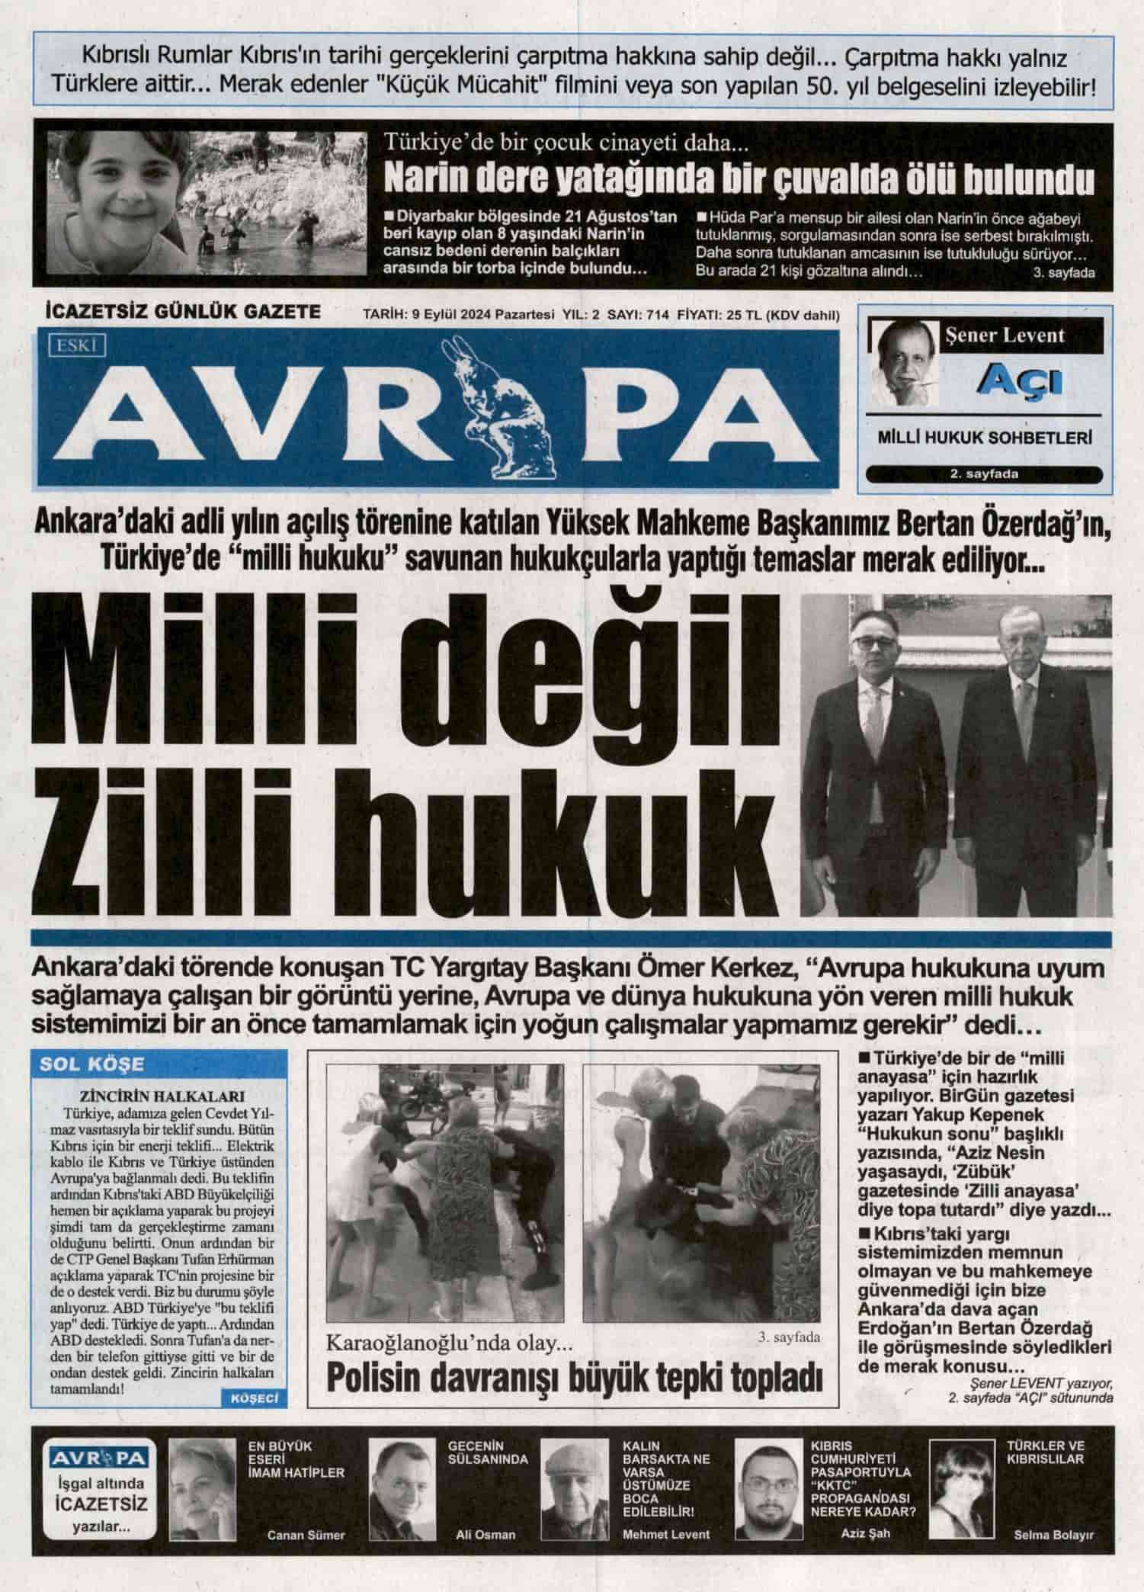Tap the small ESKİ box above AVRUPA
[76, 345]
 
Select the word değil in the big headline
[593, 665]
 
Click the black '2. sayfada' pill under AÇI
[984, 474]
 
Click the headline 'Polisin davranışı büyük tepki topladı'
[575, 1377]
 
